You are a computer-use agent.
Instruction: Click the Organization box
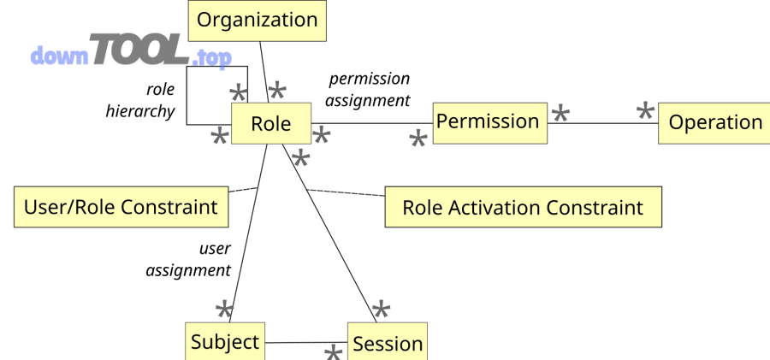[x=257, y=20]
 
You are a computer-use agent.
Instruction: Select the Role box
[x=270, y=124]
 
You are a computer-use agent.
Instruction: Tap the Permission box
[x=488, y=122]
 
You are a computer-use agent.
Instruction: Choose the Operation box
[x=714, y=123]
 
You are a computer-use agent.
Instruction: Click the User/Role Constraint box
[x=121, y=207]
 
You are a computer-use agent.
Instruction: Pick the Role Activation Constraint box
[x=522, y=208]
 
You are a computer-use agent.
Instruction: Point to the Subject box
[x=224, y=342]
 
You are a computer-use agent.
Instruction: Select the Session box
[x=387, y=343]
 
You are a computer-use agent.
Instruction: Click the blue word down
[x=59, y=56]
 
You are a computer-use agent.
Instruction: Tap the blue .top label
[x=211, y=59]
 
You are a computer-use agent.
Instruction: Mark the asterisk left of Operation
[x=645, y=112]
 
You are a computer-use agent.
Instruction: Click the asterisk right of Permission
[x=560, y=114]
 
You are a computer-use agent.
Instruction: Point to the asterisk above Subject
[x=223, y=310]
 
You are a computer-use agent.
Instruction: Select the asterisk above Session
[x=381, y=310]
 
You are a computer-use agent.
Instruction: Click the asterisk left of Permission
[x=418, y=139]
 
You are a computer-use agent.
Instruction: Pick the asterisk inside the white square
[x=238, y=94]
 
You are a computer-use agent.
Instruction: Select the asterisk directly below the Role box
[x=300, y=158]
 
